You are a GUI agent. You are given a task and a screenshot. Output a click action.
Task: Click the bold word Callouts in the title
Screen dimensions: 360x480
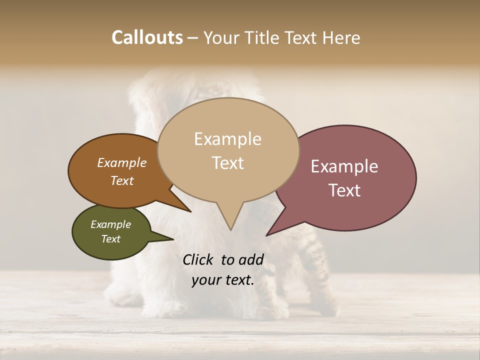pos(147,37)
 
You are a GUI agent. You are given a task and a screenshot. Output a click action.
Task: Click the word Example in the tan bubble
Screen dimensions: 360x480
pos(227,139)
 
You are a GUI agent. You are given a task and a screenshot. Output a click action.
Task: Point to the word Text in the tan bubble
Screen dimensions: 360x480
pos(227,163)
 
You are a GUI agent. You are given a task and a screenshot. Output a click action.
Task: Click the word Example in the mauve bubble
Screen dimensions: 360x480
pos(344,166)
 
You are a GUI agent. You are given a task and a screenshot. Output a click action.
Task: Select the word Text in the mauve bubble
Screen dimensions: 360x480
pos(344,190)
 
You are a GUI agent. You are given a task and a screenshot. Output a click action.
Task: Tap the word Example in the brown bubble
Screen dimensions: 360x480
pos(121,162)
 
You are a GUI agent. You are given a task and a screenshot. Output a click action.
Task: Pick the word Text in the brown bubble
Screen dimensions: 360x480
pos(121,180)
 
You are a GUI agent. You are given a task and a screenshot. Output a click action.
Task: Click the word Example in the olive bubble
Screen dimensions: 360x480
pos(110,224)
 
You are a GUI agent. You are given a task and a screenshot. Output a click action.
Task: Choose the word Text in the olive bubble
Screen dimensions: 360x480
pos(110,239)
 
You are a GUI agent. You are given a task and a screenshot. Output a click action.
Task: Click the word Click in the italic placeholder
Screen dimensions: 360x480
pos(198,259)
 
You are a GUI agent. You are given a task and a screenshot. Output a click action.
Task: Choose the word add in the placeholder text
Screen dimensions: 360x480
pos(251,259)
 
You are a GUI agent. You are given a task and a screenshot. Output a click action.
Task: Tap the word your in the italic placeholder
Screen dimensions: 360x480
pos(205,280)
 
